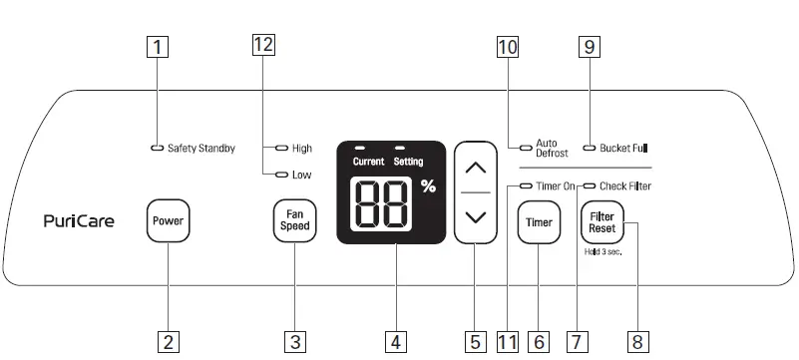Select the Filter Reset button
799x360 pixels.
[x=601, y=221]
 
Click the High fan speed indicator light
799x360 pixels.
[x=282, y=149]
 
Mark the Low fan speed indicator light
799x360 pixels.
[x=282, y=175]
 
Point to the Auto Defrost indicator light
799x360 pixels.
[x=525, y=148]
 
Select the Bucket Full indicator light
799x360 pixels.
[x=590, y=149]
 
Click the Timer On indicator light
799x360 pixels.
[x=525, y=185]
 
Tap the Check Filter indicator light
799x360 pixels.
[x=590, y=185]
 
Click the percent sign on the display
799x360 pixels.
[x=428, y=186]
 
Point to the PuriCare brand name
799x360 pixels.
[x=79, y=221]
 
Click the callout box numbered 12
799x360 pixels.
[x=263, y=44]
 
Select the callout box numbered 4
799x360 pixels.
[x=396, y=342]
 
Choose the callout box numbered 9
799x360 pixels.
[x=589, y=45]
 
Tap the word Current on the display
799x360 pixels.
[x=368, y=161]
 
